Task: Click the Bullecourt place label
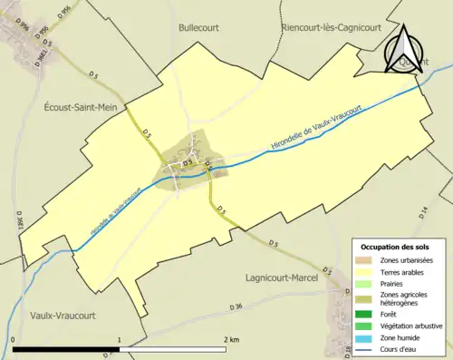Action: (x=198, y=28)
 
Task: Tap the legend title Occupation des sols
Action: (x=397, y=247)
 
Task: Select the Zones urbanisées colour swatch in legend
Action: (x=370, y=261)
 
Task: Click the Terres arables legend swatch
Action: (x=370, y=271)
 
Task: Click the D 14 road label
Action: (x=424, y=212)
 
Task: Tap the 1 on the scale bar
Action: (x=120, y=339)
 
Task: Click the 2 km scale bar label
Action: (x=233, y=339)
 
